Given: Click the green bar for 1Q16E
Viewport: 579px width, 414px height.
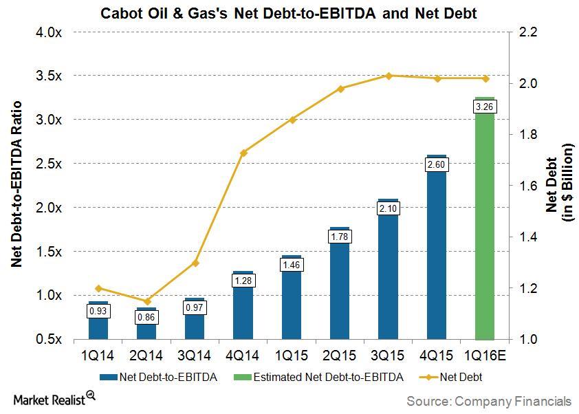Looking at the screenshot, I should pyautogui.click(x=485, y=227).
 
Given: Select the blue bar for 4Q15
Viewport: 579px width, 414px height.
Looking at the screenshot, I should pyautogui.click(x=437, y=254).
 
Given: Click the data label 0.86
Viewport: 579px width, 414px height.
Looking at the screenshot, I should pyautogui.click(x=146, y=317).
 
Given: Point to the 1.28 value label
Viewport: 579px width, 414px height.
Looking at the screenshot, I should pyautogui.click(x=243, y=281).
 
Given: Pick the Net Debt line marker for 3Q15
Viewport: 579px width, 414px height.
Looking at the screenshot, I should pyautogui.click(x=388, y=76).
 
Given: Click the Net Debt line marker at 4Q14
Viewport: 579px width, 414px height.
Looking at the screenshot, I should pyautogui.click(x=243, y=153).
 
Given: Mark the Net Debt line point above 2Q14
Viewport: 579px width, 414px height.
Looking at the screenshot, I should pyautogui.click(x=146, y=301).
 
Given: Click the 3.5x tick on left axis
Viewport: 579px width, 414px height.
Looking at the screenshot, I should pyautogui.click(x=49, y=76).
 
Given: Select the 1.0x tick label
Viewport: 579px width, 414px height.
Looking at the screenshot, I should pyautogui.click(x=49, y=295).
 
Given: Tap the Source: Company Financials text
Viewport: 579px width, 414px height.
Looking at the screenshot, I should pyautogui.click(x=488, y=400).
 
